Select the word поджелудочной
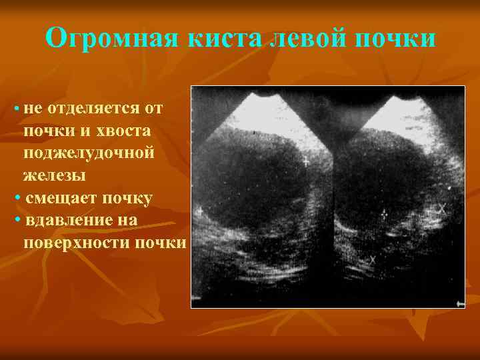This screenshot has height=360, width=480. click(x=89, y=153)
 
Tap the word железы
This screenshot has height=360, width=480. click(x=54, y=175)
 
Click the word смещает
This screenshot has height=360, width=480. click(x=60, y=198)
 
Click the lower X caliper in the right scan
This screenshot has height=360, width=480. click(x=373, y=259)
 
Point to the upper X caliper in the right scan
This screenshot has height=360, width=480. click(x=441, y=209)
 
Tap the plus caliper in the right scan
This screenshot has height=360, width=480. click(x=383, y=213)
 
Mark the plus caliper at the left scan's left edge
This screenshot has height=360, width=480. click(x=199, y=211)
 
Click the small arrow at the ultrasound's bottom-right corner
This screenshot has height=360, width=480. click(x=459, y=303)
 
